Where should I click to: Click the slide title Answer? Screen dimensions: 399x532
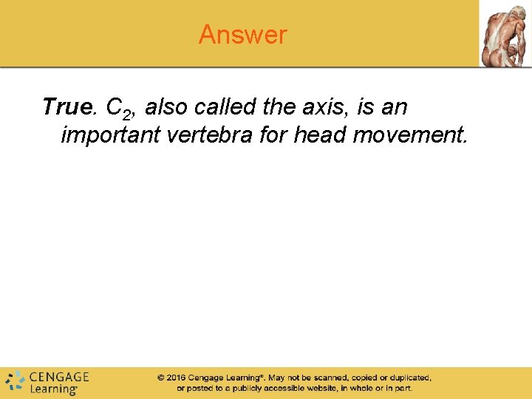pyautogui.click(x=242, y=35)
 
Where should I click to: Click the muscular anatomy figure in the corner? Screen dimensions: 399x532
pyautogui.click(x=505, y=34)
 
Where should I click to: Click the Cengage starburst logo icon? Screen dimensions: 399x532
pyautogui.click(x=14, y=381)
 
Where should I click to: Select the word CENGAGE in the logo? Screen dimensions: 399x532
pyautogui.click(x=59, y=377)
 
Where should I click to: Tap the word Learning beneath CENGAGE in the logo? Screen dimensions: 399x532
pyautogui.click(x=53, y=389)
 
